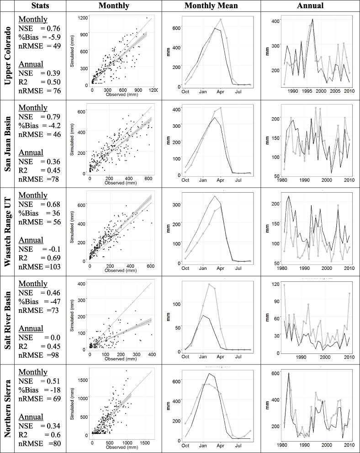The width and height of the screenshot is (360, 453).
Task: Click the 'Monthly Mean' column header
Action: coord(211,6)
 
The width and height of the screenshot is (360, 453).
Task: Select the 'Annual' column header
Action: coord(310,6)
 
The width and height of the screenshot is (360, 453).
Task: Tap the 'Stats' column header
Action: coord(40,6)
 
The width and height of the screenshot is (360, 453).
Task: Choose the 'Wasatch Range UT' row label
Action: coord(8,232)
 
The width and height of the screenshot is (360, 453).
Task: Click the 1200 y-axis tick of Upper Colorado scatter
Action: coord(83,18)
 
